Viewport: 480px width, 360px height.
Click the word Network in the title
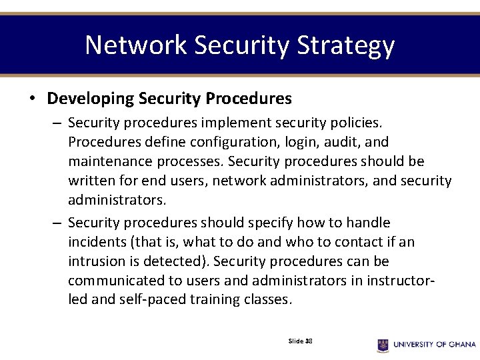pos(136,45)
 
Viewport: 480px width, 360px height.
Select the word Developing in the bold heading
pos(91,99)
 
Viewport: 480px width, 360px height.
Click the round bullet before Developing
pos(32,99)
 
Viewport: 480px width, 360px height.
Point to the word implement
pos(235,123)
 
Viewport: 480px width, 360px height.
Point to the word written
pos(90,181)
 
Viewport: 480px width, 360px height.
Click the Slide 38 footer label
pos(300,341)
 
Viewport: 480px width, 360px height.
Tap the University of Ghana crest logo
pos(383,344)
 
